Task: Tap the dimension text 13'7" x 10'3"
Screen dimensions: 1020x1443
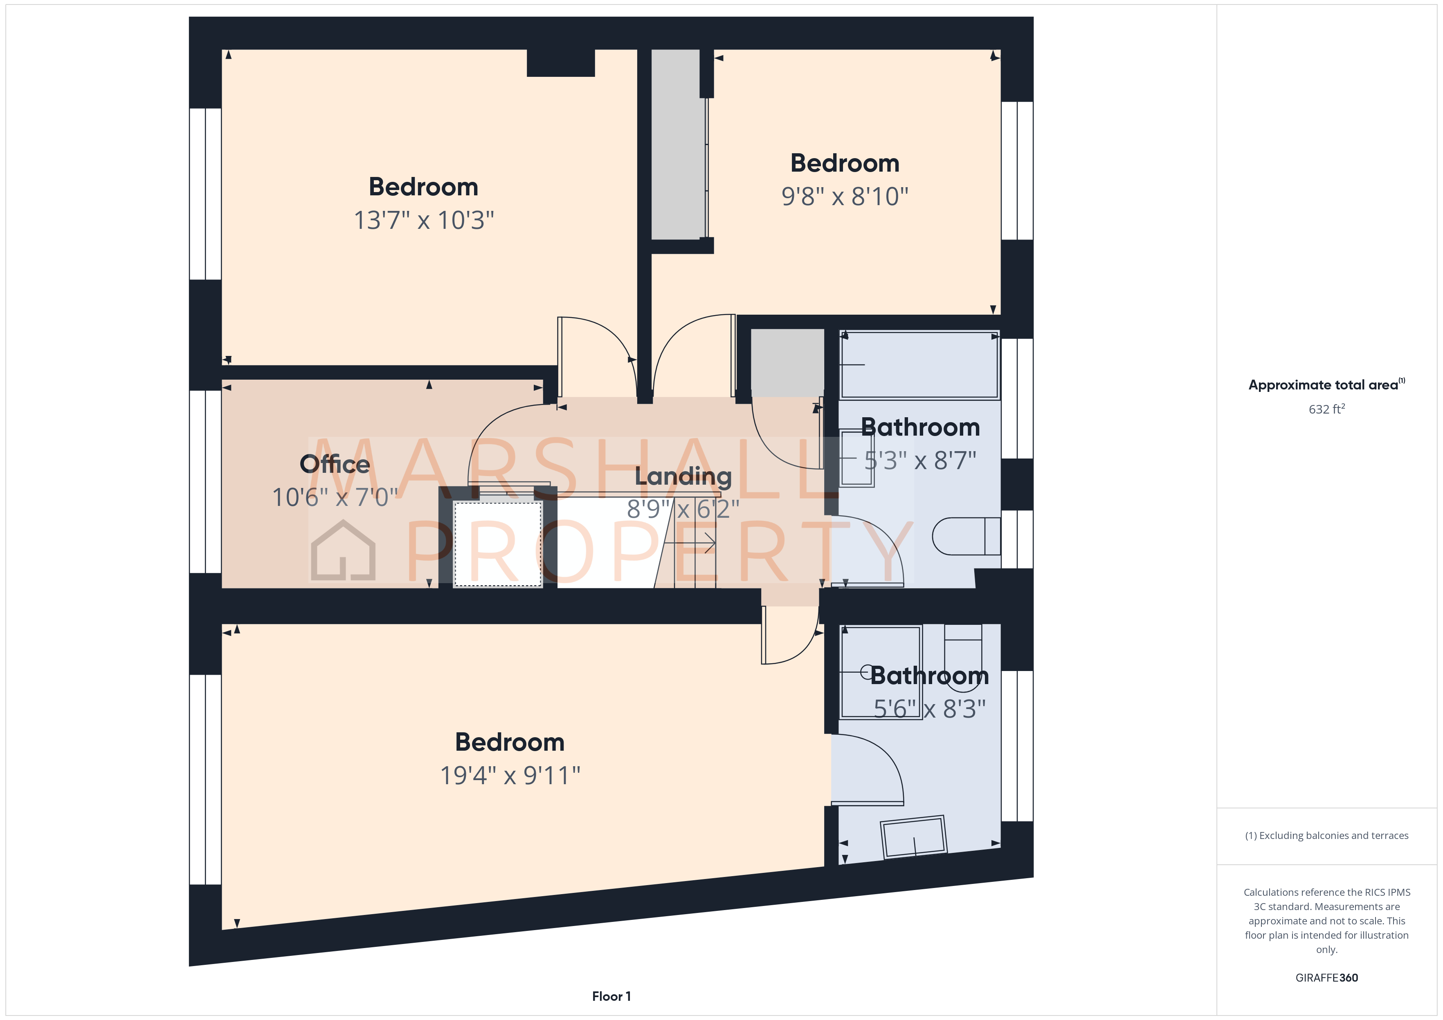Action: click(x=424, y=220)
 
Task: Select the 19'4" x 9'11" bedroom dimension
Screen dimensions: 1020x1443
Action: click(x=510, y=775)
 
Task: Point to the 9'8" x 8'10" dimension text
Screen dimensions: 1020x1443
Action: click(x=844, y=197)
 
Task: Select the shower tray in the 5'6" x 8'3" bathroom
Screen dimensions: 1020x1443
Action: click(x=881, y=672)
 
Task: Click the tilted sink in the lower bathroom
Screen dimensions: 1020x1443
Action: click(x=914, y=837)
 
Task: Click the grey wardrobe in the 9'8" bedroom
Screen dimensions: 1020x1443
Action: click(x=677, y=144)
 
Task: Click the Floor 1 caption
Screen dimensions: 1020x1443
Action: click(x=611, y=996)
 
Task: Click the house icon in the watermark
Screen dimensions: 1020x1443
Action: click(x=343, y=551)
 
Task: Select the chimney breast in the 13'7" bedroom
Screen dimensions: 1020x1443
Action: click(x=561, y=63)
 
